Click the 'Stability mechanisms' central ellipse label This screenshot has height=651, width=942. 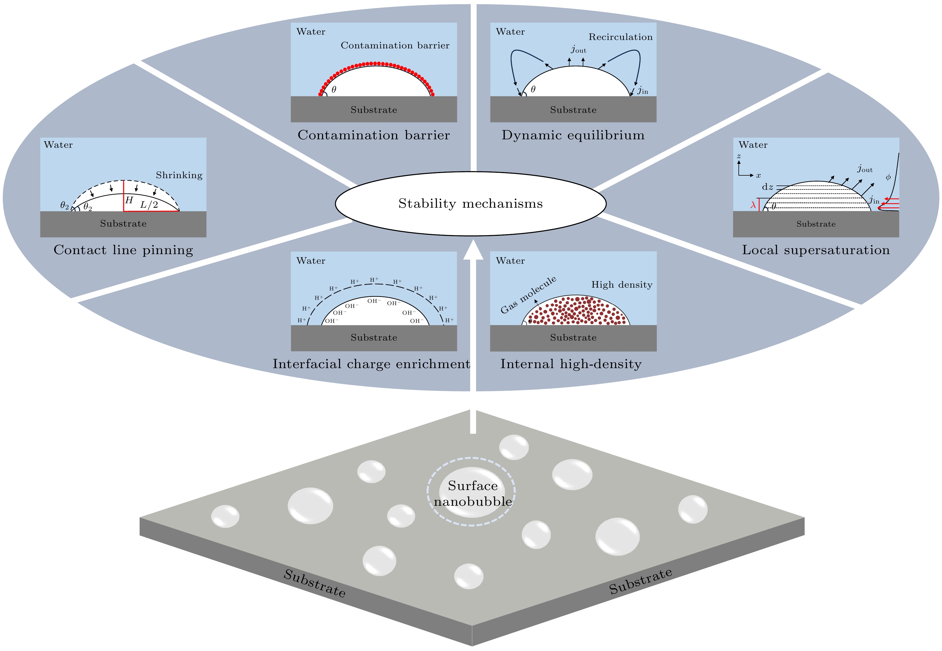coord(470,203)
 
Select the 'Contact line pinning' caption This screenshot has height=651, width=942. coord(123,250)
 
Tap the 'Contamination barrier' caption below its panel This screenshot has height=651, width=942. coord(374,135)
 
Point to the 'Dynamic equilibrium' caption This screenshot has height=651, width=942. coord(573,135)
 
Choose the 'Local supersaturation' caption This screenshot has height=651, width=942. coord(816,250)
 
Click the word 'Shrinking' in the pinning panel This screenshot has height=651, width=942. coord(179,175)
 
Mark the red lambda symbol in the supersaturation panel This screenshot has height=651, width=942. coord(753,205)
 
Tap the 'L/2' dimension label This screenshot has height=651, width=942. coord(149,204)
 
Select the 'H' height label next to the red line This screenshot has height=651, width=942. coord(129,200)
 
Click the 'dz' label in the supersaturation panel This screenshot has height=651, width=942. coord(767,187)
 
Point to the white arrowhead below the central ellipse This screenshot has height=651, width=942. coord(473,250)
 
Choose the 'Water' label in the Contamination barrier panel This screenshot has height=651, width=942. coord(311,32)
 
